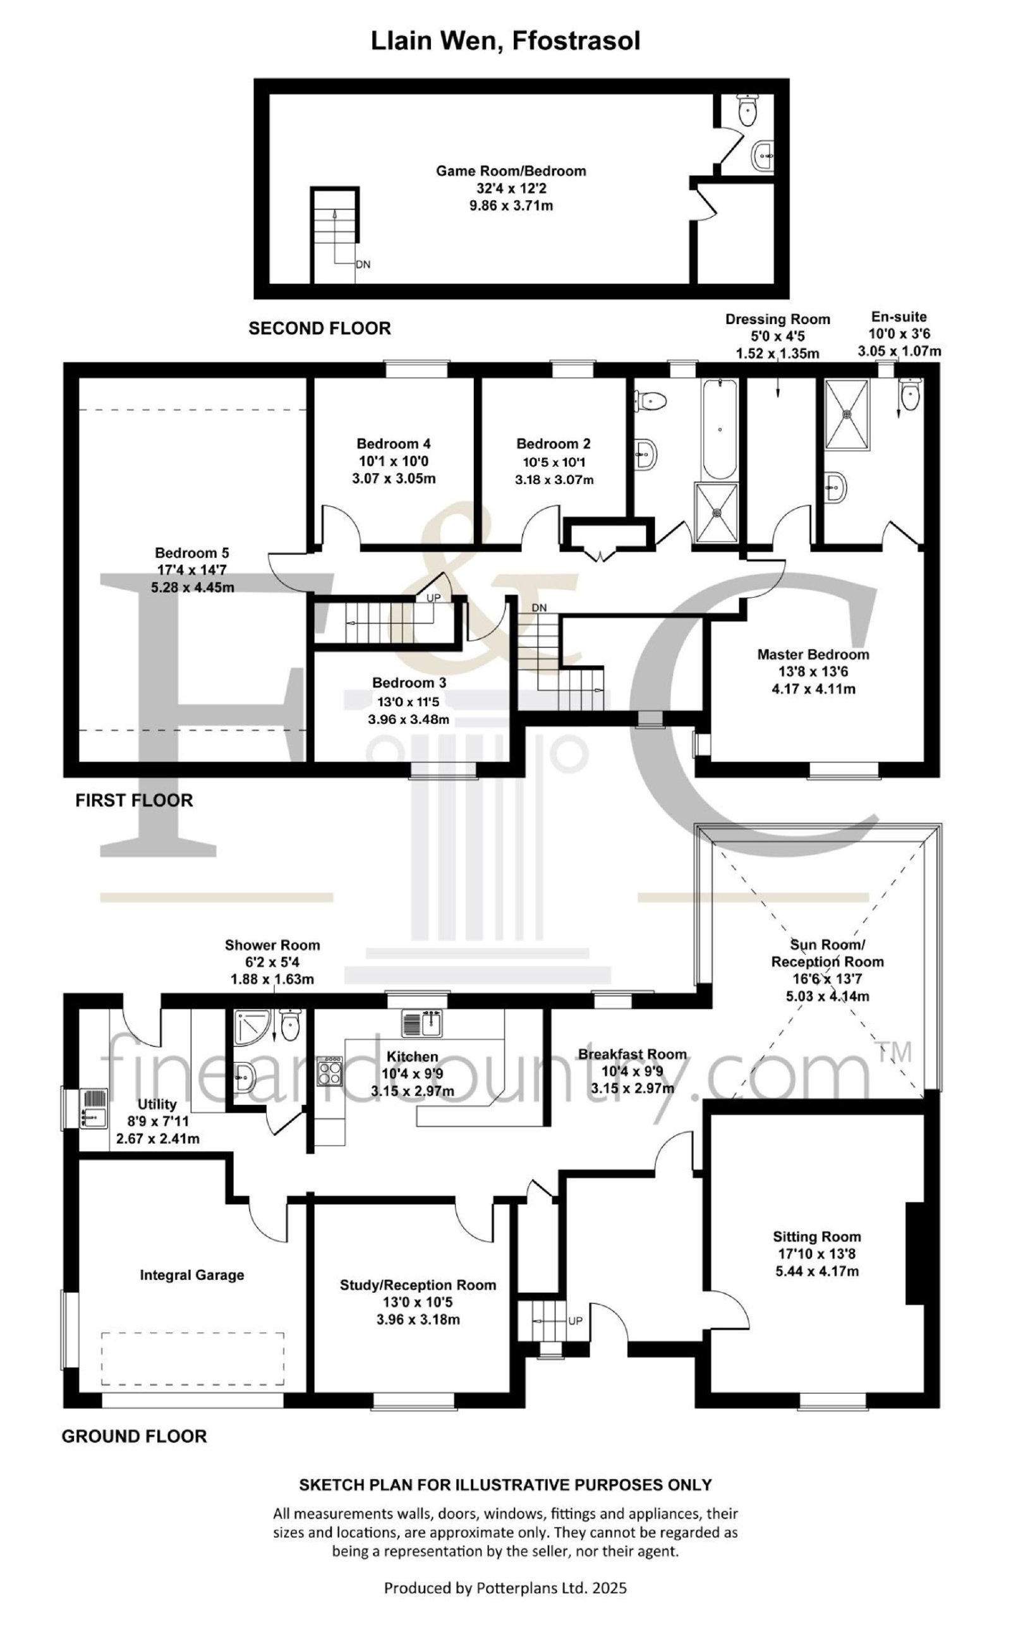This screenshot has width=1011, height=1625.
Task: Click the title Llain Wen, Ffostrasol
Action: point(505,41)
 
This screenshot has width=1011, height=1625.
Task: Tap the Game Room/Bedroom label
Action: point(511,171)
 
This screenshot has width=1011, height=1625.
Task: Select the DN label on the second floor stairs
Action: point(363,264)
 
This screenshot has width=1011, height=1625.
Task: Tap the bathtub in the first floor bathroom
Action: point(719,429)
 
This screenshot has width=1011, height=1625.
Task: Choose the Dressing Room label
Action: point(778,320)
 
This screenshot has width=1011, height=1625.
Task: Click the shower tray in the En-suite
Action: point(848,414)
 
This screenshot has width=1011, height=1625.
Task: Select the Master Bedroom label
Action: point(813,654)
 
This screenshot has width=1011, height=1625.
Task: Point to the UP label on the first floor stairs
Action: point(433,598)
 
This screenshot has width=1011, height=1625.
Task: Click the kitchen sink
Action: point(423,1023)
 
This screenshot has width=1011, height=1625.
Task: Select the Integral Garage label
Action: point(192,1275)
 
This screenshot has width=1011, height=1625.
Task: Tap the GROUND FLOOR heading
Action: point(135,1436)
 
